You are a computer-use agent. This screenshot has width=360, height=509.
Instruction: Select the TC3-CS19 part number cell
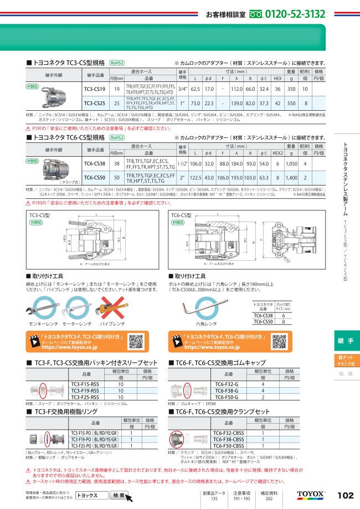[94, 89]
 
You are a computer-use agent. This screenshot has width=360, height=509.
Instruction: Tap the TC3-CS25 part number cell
[94, 103]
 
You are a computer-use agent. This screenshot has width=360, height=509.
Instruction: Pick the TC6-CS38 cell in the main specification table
[94, 164]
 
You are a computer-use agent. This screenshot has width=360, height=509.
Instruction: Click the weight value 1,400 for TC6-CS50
[291, 178]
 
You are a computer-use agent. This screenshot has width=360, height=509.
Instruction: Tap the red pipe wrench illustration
[106, 305]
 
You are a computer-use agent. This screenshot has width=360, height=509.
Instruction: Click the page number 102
[344, 495]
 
